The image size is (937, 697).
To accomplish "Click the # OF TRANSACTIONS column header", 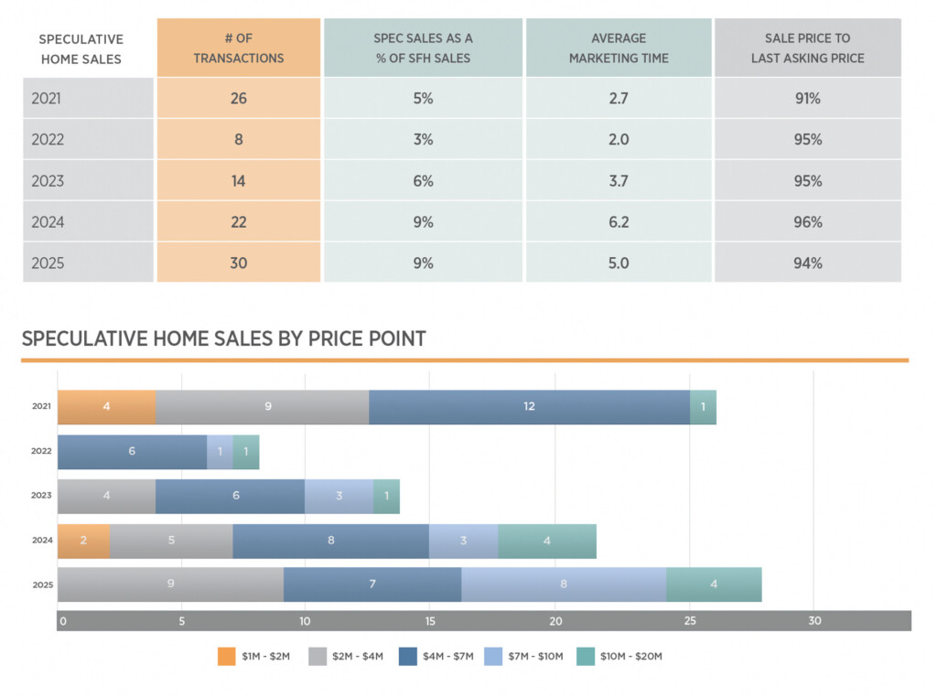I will pos(239,48).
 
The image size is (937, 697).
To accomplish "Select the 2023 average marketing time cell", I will pos(619,180).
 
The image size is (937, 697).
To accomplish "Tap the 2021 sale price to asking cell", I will pos(807,98).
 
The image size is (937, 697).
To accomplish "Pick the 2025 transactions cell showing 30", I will pos(239,263).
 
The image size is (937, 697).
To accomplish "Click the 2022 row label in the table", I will pos(48,139).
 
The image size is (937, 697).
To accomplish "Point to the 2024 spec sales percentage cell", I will pos(423,221).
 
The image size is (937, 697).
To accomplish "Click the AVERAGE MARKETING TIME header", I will pos(619,48).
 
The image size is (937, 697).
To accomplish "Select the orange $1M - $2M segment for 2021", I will pos(106,406).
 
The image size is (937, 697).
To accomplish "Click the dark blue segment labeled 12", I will pos(529,406).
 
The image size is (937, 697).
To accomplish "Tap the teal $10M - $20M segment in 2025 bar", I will pos(714,584).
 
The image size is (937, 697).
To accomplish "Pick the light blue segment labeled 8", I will pos(563,584).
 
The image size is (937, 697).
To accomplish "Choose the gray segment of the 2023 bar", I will pos(106,495).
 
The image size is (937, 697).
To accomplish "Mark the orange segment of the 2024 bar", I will pos(83,540).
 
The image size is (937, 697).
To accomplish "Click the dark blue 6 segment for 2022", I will pos(132,451).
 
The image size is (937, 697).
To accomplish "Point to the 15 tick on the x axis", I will pos(429,620).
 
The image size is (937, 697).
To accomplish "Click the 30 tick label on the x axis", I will pos(814,620).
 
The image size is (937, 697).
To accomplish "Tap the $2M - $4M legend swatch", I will pos(318,656).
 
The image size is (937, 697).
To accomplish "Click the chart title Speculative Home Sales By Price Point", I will pos(223,338).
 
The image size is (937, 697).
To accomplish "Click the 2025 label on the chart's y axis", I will pos(42,584).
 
